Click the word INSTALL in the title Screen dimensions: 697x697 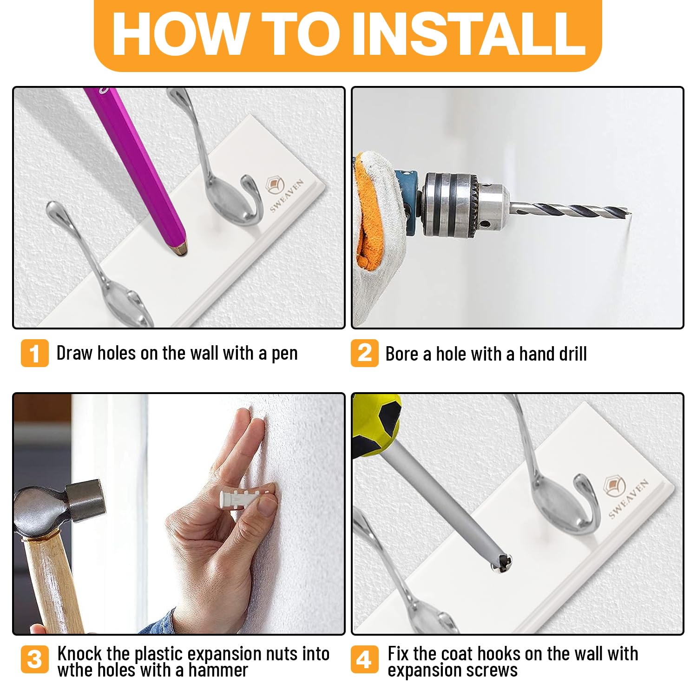(469, 33)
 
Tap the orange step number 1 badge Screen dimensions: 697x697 (35, 353)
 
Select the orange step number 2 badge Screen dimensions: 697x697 (364, 353)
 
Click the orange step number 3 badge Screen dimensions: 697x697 (35, 660)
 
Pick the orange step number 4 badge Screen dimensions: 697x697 (364, 660)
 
